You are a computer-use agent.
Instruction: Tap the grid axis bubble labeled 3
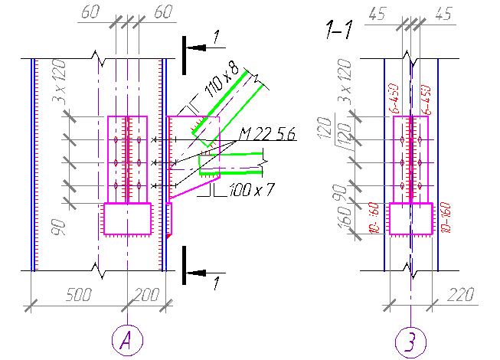tap(411, 339)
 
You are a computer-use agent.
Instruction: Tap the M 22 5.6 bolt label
tap(266, 136)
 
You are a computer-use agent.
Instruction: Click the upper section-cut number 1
tap(217, 36)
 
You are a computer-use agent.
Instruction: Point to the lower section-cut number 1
tap(217, 284)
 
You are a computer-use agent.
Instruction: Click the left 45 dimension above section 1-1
tap(377, 13)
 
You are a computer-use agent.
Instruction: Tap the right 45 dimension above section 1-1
tap(442, 13)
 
